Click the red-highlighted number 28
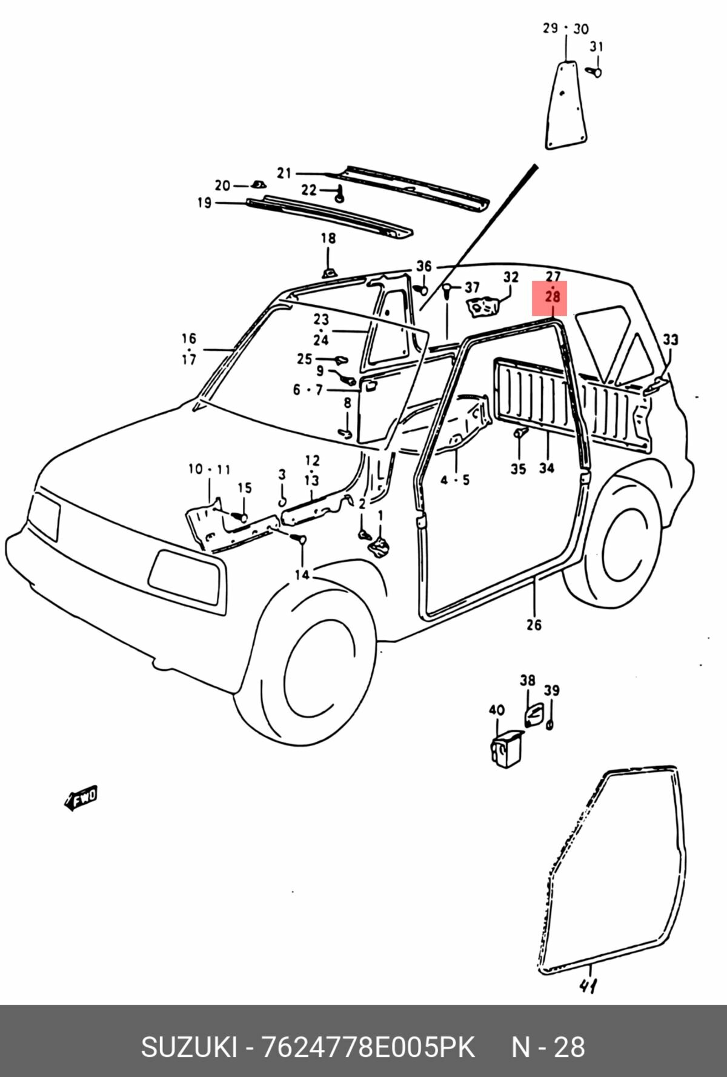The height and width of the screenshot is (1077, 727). (x=553, y=298)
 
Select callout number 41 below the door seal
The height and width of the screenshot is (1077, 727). (x=587, y=985)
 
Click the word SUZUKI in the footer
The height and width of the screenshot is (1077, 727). (x=189, y=1047)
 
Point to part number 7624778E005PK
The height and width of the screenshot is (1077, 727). (x=367, y=1047)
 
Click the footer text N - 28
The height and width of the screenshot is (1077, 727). (x=548, y=1047)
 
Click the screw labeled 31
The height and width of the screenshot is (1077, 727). (x=595, y=72)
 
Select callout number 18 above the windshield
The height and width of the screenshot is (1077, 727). (x=328, y=238)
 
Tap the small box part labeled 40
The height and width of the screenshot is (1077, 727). (x=506, y=750)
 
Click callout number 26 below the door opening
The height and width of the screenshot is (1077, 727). (x=534, y=624)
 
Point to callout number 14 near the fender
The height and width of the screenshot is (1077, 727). (x=302, y=574)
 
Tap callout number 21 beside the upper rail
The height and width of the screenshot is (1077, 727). (x=284, y=173)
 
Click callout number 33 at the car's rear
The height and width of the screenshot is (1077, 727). (x=669, y=339)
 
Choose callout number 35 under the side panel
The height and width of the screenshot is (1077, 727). (x=518, y=468)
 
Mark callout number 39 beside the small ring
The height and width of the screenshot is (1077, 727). (x=551, y=690)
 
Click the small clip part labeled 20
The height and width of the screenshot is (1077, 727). (x=257, y=184)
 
